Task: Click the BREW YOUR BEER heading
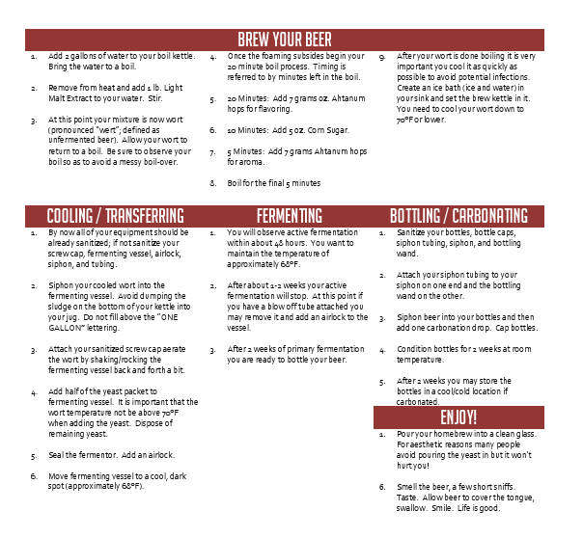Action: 291,39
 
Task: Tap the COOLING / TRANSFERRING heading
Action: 115,215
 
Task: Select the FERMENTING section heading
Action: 290,215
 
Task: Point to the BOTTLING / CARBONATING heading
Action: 458,215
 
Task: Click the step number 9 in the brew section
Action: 383,57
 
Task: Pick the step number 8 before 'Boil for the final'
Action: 213,182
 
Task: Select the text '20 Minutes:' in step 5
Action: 247,98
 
